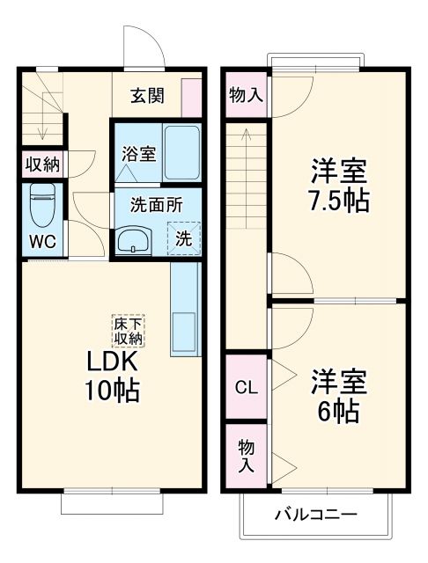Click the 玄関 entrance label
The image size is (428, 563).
tap(148, 96)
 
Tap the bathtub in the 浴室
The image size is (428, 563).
tap(182, 151)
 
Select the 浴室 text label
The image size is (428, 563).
tap(139, 153)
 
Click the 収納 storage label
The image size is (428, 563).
tap(41, 163)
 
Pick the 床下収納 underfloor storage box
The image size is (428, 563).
tap(128, 330)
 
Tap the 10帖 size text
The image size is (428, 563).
tap(113, 390)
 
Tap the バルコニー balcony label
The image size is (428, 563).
tap(314, 515)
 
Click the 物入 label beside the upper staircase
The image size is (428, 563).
tap(245, 95)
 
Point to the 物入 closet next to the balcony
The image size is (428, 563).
tap(245, 456)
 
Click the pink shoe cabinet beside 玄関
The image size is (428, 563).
tap(189, 96)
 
